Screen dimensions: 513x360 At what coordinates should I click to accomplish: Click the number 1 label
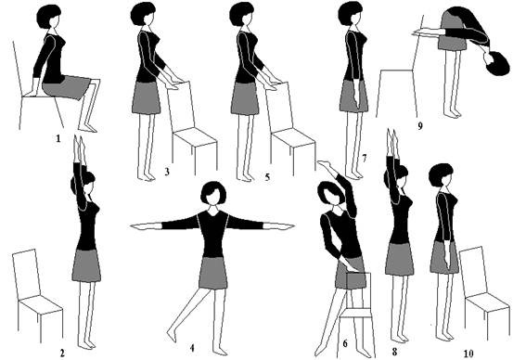point(58,139)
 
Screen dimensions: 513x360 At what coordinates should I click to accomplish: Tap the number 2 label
point(62,353)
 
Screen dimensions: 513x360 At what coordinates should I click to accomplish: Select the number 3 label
point(167,172)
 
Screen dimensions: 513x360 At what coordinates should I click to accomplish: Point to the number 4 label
point(192,348)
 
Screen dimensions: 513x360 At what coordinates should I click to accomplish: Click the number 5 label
point(267,177)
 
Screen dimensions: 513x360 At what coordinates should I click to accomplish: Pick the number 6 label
point(345,343)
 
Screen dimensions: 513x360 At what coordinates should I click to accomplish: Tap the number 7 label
point(365,159)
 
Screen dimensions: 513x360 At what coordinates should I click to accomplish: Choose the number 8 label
point(394,352)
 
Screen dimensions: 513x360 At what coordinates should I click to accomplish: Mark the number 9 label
point(420,126)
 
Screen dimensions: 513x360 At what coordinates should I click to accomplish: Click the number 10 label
point(468,354)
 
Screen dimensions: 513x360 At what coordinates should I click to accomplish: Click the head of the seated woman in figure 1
point(48,17)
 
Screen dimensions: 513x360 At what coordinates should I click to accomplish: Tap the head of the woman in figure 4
point(213,193)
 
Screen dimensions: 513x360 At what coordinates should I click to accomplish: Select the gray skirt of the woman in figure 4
point(213,273)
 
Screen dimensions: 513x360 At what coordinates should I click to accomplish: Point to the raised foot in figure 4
point(172,336)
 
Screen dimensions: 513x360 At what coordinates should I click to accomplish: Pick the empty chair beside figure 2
point(37,295)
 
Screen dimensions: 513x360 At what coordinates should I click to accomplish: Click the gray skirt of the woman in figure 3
point(147,97)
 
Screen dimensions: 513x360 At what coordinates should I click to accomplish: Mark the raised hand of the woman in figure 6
point(326,164)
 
